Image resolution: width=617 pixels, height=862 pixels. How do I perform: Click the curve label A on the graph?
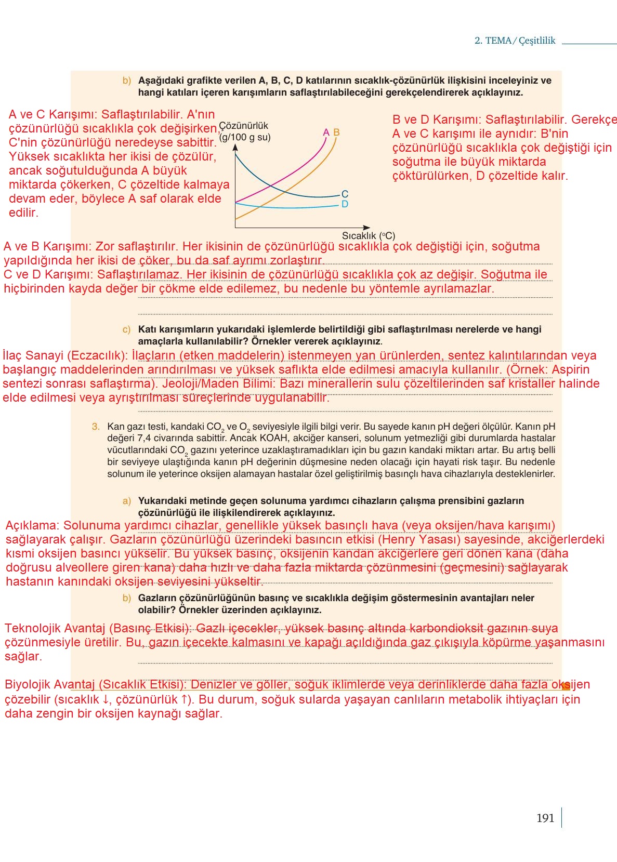click(x=326, y=132)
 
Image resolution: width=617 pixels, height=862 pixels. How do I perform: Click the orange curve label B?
click(x=336, y=132)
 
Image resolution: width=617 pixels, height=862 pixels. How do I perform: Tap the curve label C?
click(x=345, y=194)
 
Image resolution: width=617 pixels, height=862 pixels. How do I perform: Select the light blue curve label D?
click(x=345, y=204)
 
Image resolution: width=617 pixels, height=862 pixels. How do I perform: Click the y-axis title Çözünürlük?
click(x=244, y=126)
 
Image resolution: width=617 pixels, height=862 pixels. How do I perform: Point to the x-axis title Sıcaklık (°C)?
click(x=368, y=235)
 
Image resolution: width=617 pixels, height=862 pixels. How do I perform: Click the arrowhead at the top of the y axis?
click(x=235, y=148)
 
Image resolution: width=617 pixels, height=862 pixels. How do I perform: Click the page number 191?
click(x=545, y=818)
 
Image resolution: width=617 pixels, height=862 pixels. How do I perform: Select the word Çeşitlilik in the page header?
click(x=537, y=41)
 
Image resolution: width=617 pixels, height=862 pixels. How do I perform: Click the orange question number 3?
click(x=96, y=427)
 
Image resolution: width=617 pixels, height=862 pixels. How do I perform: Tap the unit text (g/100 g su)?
click(x=245, y=137)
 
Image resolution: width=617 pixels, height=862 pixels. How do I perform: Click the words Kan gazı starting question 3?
click(x=126, y=427)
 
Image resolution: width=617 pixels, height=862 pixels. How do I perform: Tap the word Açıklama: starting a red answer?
click(x=33, y=525)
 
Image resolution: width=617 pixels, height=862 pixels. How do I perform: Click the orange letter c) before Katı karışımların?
click(x=127, y=329)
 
